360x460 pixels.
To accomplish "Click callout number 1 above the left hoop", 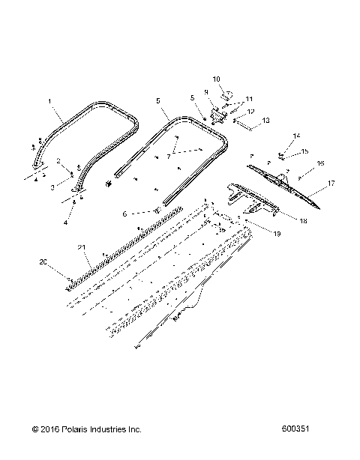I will point(50,100).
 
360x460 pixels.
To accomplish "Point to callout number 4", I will point(65,223).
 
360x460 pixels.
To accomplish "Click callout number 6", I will point(124,214).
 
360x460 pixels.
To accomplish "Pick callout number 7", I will point(169,157).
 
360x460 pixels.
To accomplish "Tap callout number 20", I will point(43,262).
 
